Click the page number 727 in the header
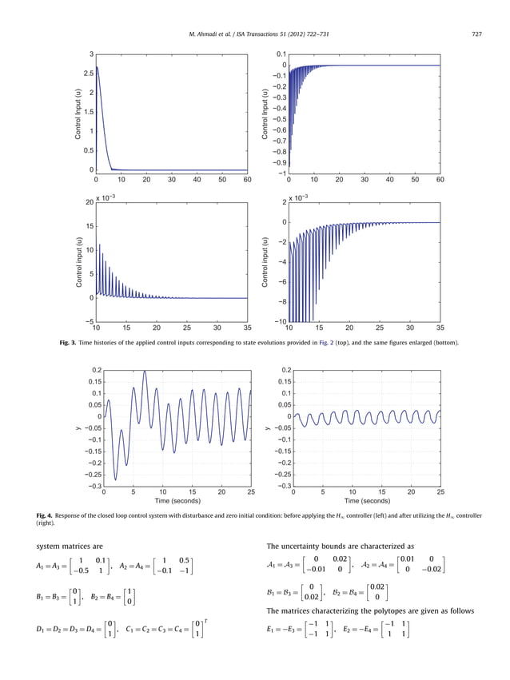pyautogui.click(x=476, y=34)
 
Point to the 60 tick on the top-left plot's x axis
pyautogui.click(x=247, y=180)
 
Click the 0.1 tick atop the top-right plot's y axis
pyautogui.click(x=280, y=54)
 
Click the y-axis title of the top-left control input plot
pyautogui.click(x=78, y=113)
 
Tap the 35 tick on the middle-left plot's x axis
pyautogui.click(x=247, y=328)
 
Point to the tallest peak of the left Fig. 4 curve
pyautogui.click(x=145, y=372)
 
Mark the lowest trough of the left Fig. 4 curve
pyautogui.click(x=115, y=479)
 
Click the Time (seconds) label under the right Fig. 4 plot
pyautogui.click(x=367, y=501)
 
